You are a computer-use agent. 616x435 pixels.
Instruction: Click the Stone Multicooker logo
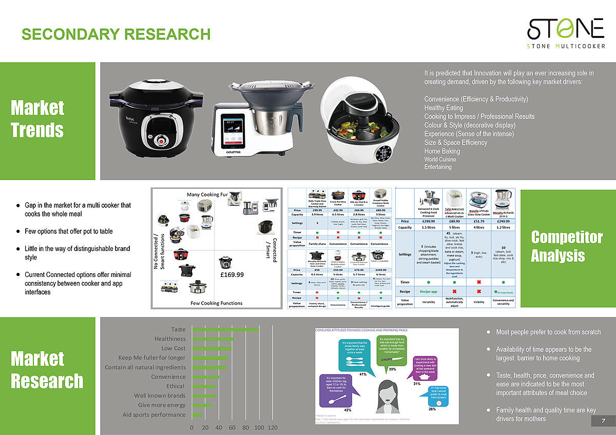point(565,32)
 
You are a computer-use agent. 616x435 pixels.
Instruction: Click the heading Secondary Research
point(116,34)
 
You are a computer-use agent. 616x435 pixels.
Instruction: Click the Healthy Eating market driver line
point(444,108)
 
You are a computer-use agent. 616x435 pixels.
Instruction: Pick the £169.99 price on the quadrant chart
point(232,274)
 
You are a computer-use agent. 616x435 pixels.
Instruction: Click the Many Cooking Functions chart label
point(207,194)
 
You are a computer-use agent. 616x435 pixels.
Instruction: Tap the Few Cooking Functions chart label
point(217,303)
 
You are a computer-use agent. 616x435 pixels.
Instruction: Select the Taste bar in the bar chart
point(225,329)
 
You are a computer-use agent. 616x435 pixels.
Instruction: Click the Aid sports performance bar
point(197,414)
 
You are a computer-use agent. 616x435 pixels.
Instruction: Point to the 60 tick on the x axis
point(232,428)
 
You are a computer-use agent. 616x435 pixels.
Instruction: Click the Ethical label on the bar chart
point(176,386)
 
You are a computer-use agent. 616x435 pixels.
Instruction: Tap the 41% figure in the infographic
point(362,374)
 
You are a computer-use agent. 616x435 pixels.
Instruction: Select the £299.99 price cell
point(428,222)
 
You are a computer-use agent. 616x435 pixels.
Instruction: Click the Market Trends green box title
point(37,118)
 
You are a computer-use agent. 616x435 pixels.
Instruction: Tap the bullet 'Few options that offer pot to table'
point(68,231)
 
